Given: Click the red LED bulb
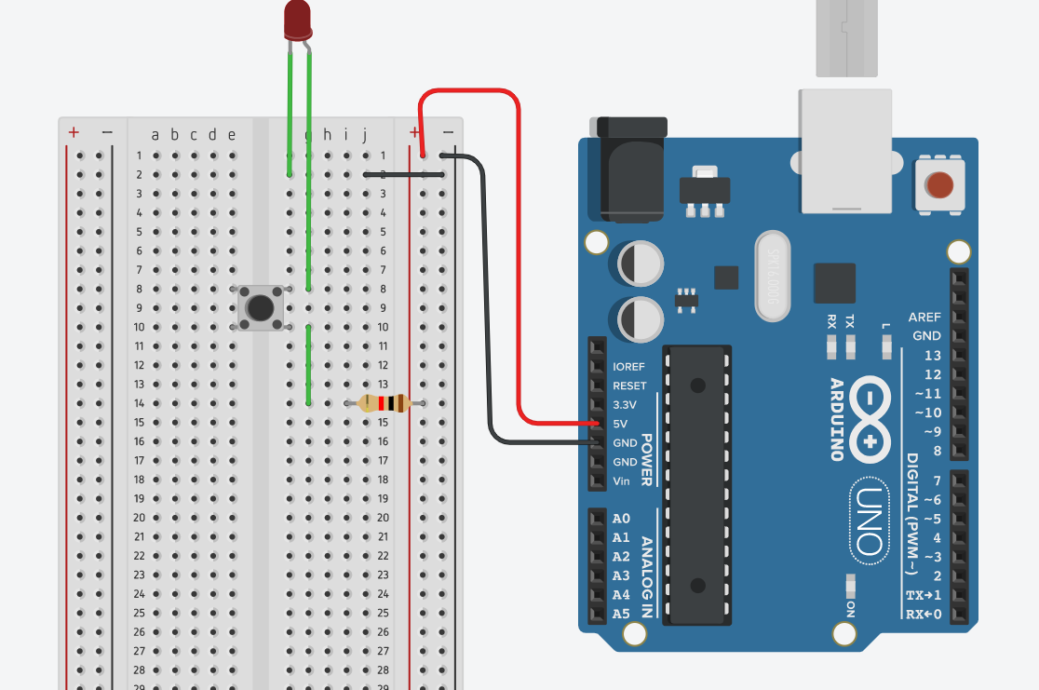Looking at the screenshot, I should (298, 19).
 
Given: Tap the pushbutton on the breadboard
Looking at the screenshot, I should (260, 307).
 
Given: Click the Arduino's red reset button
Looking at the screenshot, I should (939, 184).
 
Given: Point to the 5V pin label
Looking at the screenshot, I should (621, 424).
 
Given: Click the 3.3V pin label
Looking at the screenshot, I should (625, 405).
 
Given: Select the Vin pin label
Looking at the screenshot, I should (622, 481).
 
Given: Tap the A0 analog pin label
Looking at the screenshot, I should (621, 519).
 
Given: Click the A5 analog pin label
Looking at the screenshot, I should (621, 614).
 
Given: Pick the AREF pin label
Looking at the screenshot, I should (924, 318).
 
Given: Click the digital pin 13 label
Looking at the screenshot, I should (932, 356).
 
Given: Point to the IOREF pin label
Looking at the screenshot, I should (629, 367).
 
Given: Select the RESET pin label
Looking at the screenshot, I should (629, 386).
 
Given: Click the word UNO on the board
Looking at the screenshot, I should (868, 522).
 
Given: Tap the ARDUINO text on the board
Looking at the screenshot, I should (836, 419).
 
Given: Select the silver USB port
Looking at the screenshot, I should (844, 149).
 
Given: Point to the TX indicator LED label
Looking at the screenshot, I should (850, 322).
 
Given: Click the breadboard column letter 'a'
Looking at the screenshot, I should (155, 135).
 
